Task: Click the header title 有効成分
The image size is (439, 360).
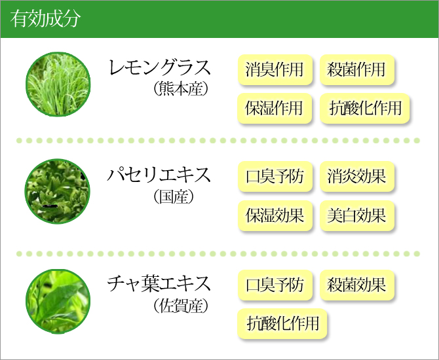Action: click(45, 19)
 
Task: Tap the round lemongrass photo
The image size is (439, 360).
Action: click(58, 84)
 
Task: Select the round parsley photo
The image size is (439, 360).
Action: click(58, 191)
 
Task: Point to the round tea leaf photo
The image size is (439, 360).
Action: click(58, 301)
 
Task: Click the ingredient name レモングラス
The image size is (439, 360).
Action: click(160, 67)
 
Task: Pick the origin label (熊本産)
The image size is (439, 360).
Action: click(181, 89)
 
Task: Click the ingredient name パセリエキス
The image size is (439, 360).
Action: click(159, 174)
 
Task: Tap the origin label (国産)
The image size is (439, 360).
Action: click(174, 196)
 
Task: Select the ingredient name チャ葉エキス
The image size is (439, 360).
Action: click(159, 283)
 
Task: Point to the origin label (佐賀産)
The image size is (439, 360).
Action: click(181, 306)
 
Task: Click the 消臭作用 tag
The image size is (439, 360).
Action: click(275, 69)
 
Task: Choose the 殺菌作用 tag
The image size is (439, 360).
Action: click(356, 69)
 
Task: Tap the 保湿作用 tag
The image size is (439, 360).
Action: click(275, 108)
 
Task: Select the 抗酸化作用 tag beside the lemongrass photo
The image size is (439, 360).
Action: click(364, 108)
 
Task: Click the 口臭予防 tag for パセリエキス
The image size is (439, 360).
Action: click(275, 177)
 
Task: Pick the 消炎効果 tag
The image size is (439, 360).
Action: click(356, 177)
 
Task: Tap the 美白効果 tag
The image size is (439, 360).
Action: click(356, 215)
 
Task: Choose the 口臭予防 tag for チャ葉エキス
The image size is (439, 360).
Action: click(275, 285)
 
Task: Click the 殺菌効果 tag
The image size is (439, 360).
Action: click(356, 285)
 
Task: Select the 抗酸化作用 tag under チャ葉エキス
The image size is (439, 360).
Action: click(282, 323)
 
